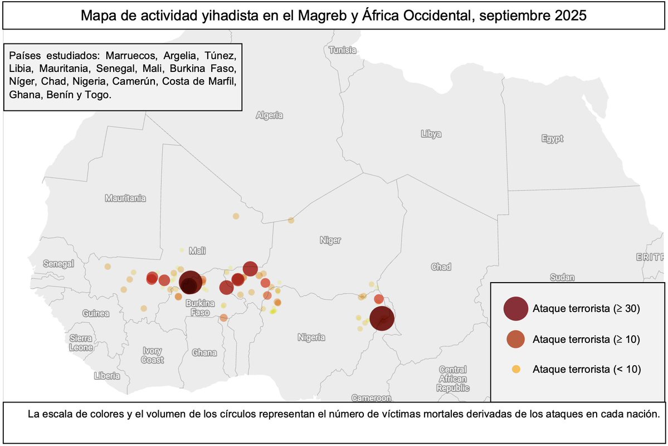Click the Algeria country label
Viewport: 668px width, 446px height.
(269, 116)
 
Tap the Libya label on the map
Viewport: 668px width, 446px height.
(431, 134)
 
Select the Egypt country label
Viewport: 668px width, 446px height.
(552, 139)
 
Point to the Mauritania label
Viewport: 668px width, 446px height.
(125, 198)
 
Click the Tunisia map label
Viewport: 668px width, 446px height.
(342, 50)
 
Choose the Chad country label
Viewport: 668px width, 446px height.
(441, 267)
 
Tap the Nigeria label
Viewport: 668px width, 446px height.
(311, 337)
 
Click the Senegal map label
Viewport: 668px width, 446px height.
(58, 263)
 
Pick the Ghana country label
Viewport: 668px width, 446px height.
(204, 353)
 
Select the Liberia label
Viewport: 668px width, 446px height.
(108, 375)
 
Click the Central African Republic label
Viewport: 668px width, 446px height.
(452, 379)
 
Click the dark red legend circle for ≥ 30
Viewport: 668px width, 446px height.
(515, 308)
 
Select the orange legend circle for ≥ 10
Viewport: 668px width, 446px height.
(516, 339)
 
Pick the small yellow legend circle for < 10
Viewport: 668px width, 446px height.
(516, 369)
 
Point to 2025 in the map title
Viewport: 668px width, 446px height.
(571, 16)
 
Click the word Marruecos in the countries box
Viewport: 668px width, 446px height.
(131, 56)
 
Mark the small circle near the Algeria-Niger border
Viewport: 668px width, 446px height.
(291, 220)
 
